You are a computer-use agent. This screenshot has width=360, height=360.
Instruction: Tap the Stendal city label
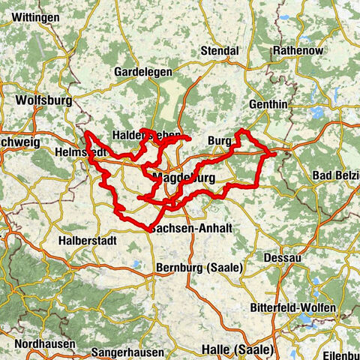[x=219, y=51]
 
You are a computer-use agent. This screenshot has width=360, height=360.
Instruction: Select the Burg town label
[x=220, y=140]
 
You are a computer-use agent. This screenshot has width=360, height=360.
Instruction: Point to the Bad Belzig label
[x=334, y=175]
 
